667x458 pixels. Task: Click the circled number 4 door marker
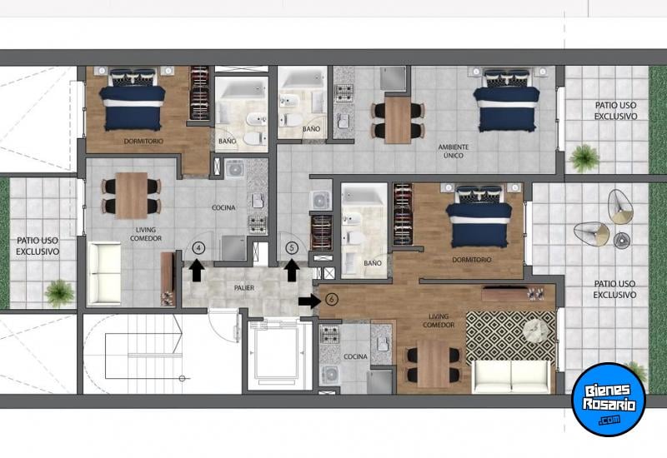[198, 247]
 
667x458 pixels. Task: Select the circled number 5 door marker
[291, 247]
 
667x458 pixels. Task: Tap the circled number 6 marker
[332, 300]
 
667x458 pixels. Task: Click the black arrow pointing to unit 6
[309, 301]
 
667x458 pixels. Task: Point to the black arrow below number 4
[196, 271]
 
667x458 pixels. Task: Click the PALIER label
[244, 288]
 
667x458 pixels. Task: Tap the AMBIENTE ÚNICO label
[454, 152]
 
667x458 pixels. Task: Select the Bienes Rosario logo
[609, 400]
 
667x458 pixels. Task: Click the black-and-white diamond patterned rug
[510, 338]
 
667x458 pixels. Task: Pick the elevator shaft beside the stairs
[279, 356]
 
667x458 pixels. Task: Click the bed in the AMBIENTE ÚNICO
[506, 100]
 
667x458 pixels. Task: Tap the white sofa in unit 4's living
[104, 274]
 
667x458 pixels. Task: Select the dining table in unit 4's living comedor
[132, 196]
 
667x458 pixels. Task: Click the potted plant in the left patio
[59, 293]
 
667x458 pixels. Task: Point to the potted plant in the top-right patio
[584, 158]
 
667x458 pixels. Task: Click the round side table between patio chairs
[623, 240]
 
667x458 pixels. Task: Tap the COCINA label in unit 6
[356, 356]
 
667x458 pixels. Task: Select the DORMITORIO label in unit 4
[143, 141]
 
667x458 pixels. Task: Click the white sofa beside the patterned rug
[511, 376]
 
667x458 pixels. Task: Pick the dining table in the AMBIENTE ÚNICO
[398, 120]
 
